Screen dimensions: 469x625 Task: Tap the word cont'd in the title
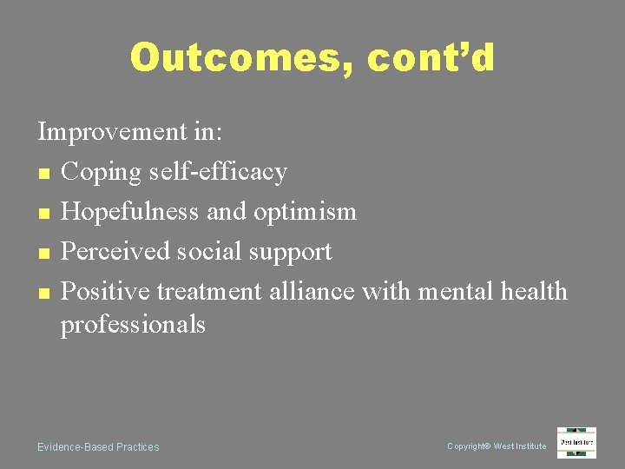431,58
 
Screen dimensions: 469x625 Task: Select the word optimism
312,212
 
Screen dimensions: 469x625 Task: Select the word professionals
133,325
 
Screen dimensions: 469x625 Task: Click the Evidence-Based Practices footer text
98,447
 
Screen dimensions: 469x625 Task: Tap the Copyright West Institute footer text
497,446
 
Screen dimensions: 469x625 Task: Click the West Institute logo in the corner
576,443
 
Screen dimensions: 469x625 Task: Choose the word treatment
209,291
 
